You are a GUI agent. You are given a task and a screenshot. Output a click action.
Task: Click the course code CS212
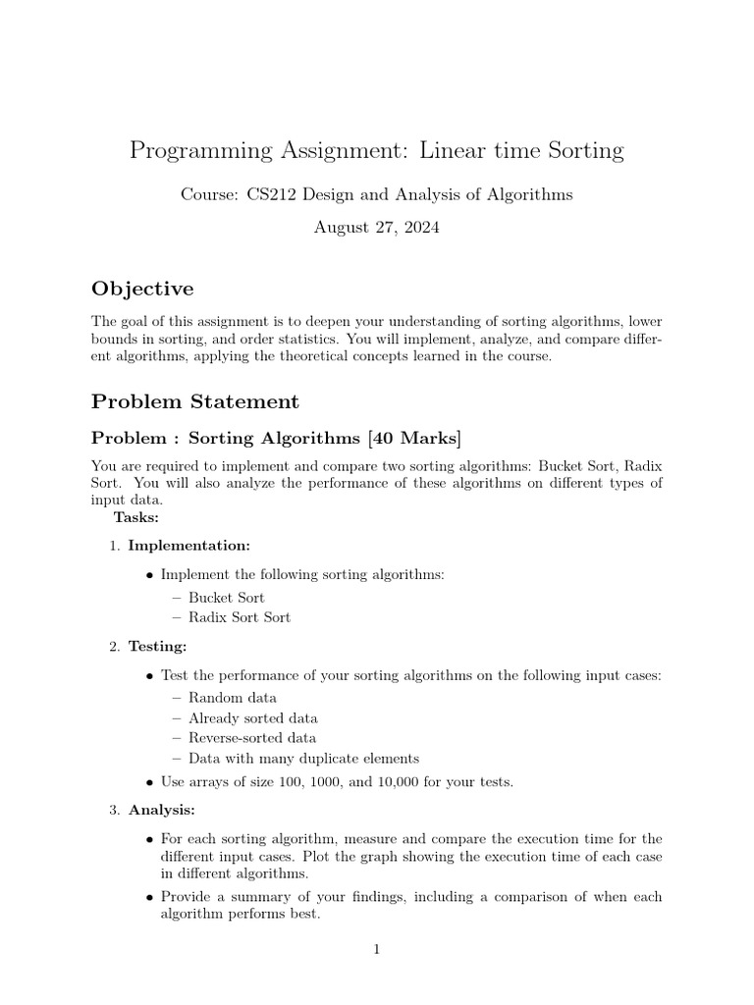269,194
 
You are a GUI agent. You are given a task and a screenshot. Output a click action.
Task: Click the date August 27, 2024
376,228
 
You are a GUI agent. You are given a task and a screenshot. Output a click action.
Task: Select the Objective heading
142,289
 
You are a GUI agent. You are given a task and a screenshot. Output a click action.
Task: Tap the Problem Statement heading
195,401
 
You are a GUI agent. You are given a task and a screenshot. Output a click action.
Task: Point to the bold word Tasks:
136,517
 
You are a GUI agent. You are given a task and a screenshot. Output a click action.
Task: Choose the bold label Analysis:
162,810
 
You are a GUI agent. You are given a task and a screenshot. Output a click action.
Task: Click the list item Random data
233,698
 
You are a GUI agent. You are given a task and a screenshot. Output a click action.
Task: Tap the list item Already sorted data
253,718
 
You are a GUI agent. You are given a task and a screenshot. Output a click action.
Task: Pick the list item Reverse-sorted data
252,738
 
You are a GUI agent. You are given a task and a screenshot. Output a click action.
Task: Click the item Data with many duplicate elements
303,759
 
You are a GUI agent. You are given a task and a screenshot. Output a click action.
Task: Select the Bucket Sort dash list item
227,597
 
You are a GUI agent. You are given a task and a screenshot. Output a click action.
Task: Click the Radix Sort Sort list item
240,617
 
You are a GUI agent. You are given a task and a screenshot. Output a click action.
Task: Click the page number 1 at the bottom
376,950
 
